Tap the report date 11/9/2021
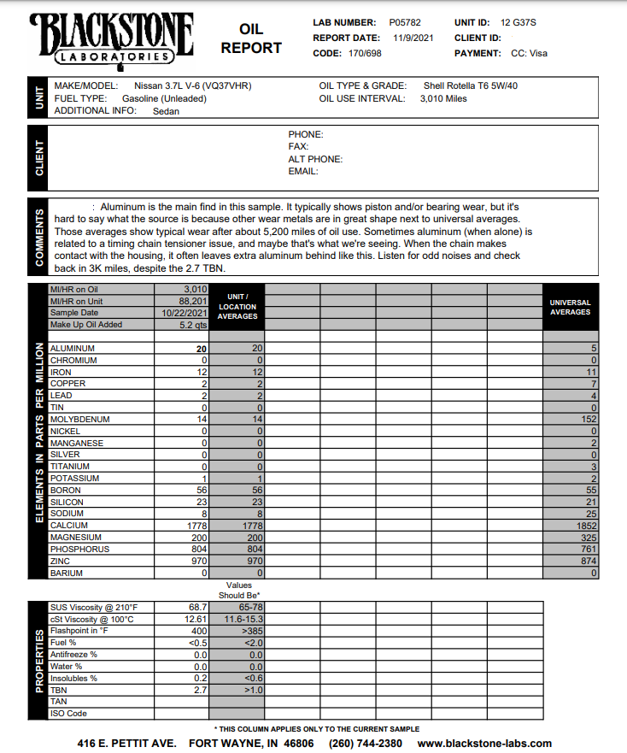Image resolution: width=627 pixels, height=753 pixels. [x=413, y=38]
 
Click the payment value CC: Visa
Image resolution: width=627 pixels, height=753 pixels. [x=529, y=53]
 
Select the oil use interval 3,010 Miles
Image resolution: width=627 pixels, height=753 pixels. [x=443, y=98]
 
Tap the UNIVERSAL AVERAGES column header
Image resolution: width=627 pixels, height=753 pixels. [x=570, y=307]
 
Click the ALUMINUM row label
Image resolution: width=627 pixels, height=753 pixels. [x=73, y=349]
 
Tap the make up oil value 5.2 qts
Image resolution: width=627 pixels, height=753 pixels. [x=193, y=325]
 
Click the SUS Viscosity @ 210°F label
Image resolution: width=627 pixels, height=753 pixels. [x=92, y=607]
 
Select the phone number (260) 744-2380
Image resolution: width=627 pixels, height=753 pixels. [x=366, y=744]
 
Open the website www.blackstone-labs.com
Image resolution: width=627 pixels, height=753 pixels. [x=484, y=744]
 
